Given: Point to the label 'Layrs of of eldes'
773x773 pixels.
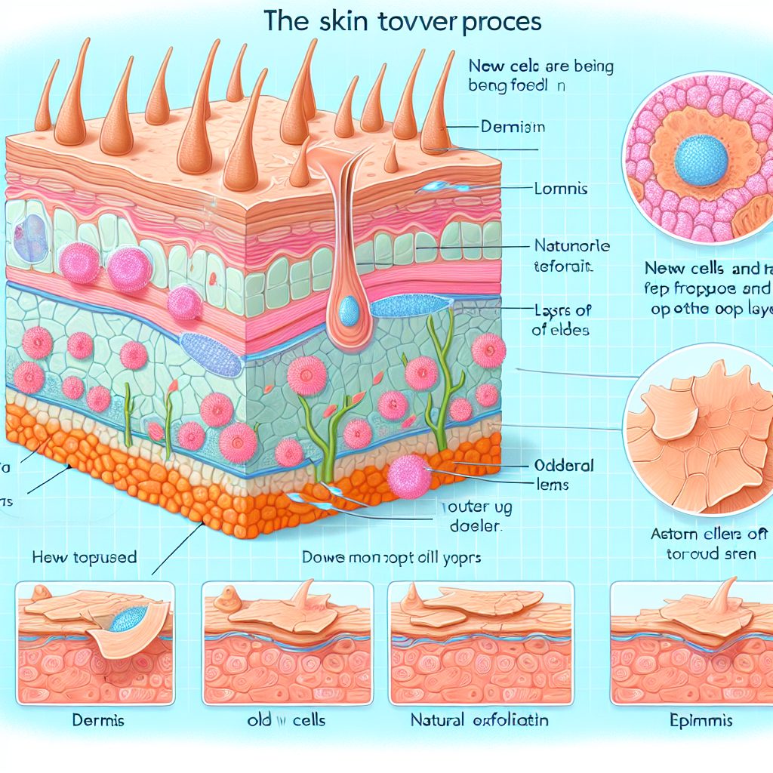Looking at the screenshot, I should (x=563, y=319).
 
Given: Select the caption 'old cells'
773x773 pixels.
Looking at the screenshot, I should (x=286, y=720).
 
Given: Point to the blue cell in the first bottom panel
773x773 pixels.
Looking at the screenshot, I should (x=128, y=620).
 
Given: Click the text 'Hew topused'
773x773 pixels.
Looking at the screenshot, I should (x=85, y=558).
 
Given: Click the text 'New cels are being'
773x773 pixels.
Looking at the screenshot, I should (x=542, y=67).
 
